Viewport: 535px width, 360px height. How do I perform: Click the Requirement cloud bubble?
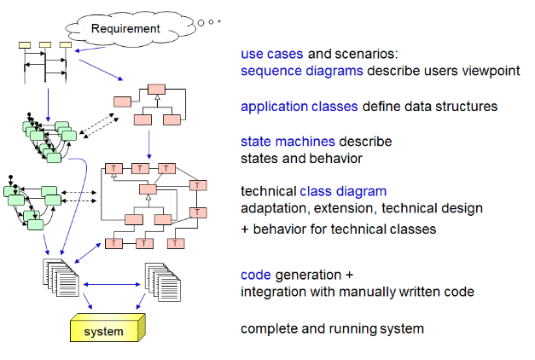point(125,28)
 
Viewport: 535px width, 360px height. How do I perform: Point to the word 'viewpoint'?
point(488,70)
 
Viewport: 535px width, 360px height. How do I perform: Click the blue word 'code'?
point(255,275)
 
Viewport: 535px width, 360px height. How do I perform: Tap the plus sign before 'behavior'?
point(245,229)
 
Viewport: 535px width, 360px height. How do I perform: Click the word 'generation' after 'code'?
point(308,275)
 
